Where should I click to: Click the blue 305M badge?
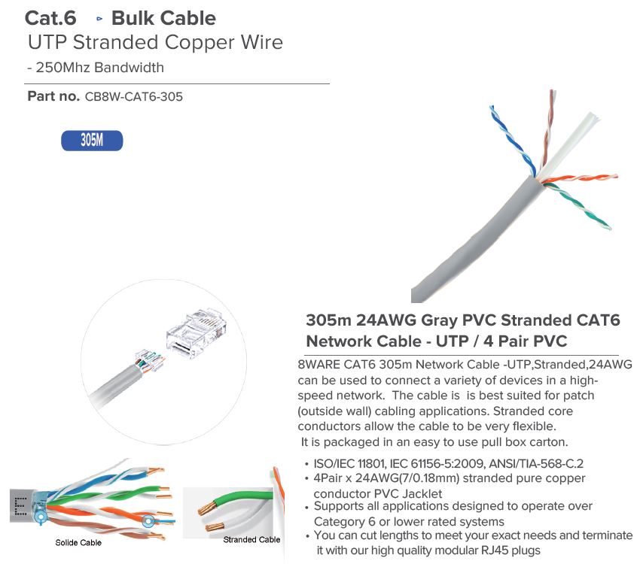[92, 141]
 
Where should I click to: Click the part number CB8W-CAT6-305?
[134, 97]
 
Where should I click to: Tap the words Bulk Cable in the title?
[163, 18]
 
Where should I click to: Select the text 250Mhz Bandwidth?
[100, 68]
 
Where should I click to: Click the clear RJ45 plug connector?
[196, 333]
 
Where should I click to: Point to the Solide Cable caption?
[78, 543]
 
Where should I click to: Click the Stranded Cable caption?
[251, 540]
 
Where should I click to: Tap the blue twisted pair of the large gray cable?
[512, 139]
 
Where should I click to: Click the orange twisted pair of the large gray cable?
[581, 179]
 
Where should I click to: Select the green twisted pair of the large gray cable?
[578, 206]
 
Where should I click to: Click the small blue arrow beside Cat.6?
[99, 19]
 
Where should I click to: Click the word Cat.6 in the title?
[50, 18]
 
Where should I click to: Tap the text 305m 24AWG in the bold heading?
[361, 320]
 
